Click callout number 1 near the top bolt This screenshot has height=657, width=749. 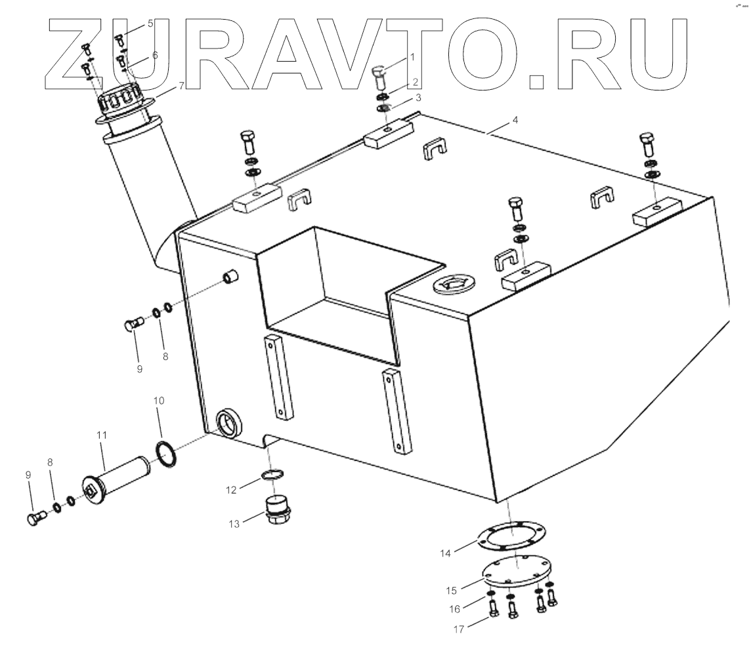tap(412, 57)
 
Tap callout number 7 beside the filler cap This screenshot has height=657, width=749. tap(181, 86)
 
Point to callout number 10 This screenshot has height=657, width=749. tap(160, 400)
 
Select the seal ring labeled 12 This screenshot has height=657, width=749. tap(273, 473)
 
